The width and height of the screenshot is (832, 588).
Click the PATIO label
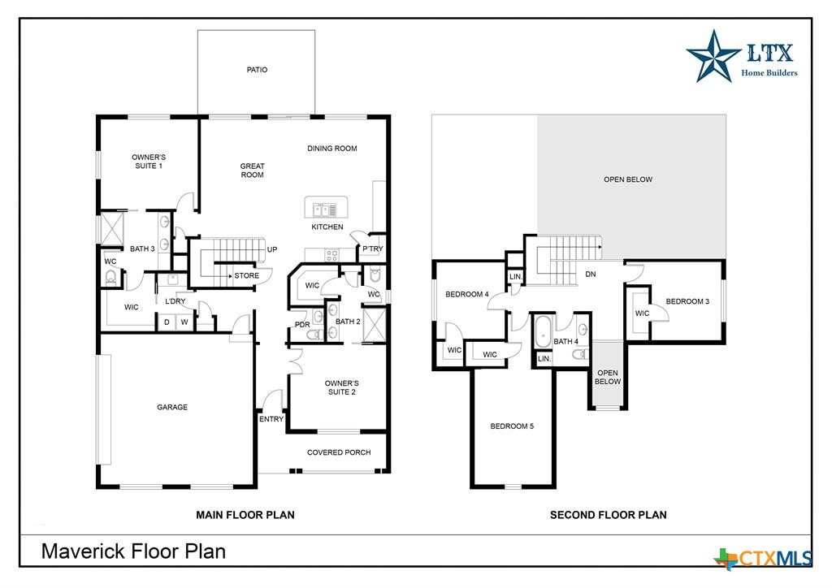coord(257,70)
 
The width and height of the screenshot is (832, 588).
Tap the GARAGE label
coord(172,407)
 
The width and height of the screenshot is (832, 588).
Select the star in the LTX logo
coord(713,56)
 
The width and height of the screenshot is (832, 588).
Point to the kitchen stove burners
coord(331,256)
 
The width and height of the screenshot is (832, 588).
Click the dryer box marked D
coord(167,322)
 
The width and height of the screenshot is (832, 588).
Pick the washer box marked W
coord(184,322)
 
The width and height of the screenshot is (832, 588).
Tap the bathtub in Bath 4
coord(543,332)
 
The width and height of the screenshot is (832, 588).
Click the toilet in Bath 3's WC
coord(110,277)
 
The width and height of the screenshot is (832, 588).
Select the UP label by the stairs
coord(271,249)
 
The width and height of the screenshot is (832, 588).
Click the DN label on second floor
coord(591,275)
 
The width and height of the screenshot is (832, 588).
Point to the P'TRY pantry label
coord(372,249)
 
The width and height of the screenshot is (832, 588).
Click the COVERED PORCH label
coord(339,452)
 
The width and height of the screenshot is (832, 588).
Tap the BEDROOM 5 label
coord(512,426)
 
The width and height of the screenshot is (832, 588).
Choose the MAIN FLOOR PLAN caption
coord(245,514)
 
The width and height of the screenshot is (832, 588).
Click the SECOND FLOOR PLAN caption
coord(608,514)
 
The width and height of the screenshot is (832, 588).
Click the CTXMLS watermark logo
coord(763,558)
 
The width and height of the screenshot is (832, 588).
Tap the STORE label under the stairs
coord(247,275)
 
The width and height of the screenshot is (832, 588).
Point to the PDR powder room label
coord(302,325)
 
